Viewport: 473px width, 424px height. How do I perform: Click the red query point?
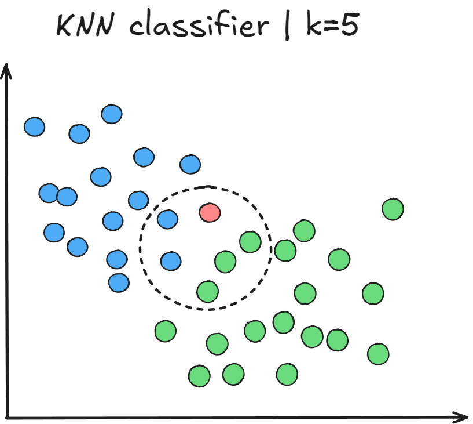210,212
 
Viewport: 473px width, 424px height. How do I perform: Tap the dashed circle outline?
269,247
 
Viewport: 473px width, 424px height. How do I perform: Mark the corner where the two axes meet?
8,416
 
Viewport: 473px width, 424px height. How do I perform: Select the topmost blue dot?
112,114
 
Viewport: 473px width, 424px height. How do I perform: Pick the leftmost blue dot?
35,126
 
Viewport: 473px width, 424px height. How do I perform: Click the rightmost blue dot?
190,165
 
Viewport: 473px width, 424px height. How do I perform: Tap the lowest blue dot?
119,282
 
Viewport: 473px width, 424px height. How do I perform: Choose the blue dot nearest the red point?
168,219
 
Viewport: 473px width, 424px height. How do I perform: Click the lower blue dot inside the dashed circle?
171,261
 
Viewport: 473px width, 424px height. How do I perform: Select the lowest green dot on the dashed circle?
207,291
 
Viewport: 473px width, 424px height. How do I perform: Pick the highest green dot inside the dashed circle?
250,241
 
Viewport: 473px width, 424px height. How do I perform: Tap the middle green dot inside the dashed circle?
225,262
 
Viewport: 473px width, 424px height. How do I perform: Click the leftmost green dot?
165,331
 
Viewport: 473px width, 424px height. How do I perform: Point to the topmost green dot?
393,209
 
